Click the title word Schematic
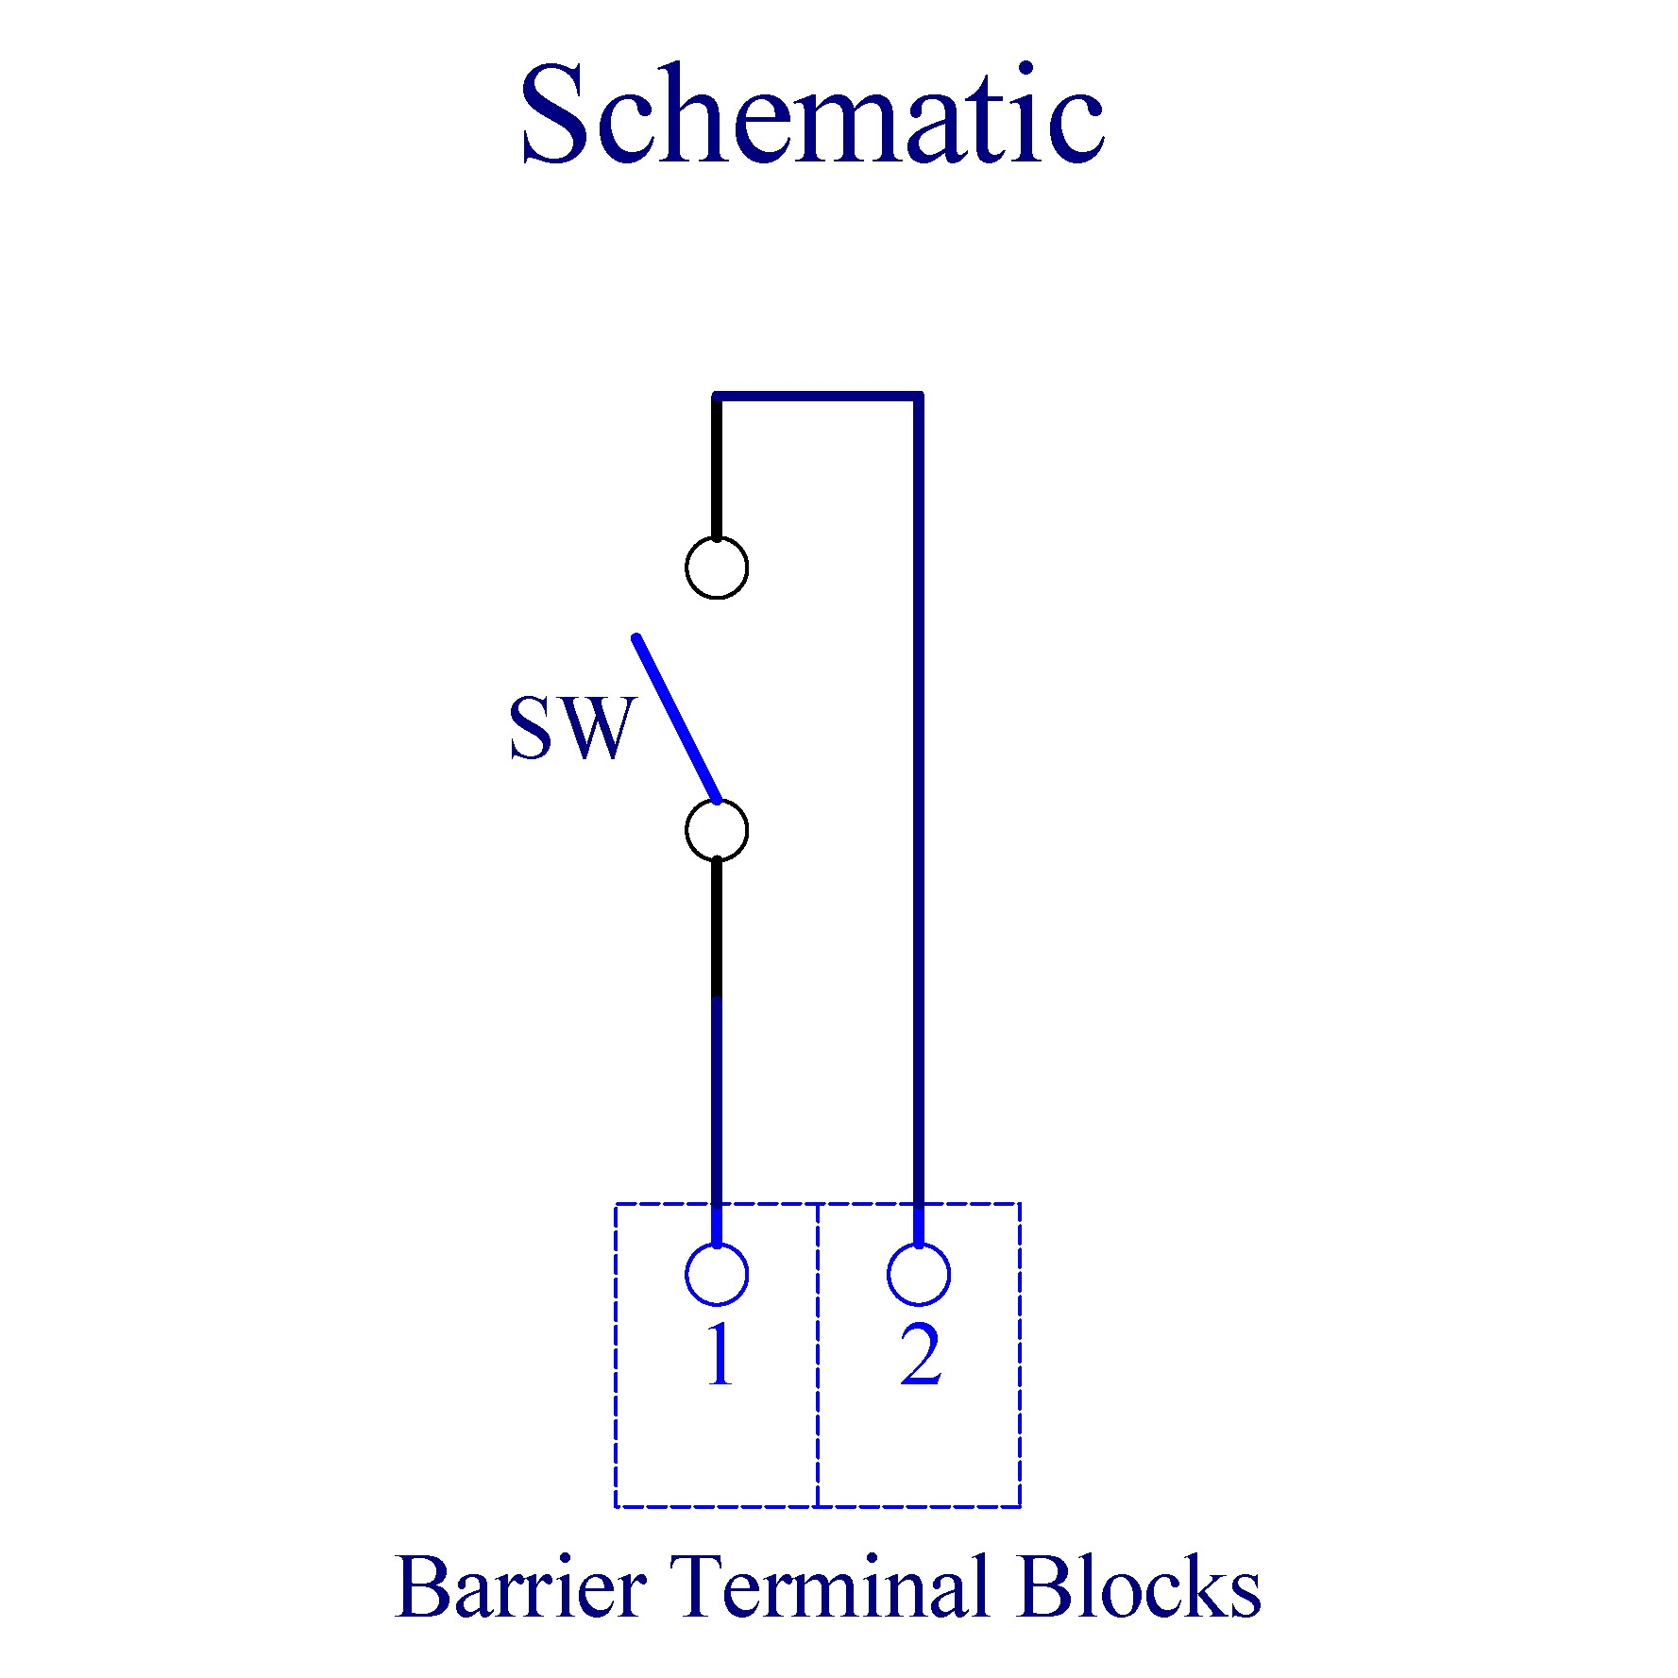click(x=811, y=115)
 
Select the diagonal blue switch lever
click(x=677, y=719)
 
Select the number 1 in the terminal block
click(x=720, y=1355)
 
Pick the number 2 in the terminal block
click(x=921, y=1355)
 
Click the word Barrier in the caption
click(x=520, y=1587)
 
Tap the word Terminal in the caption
click(x=830, y=1587)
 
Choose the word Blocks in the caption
click(x=1140, y=1587)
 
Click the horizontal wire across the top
click(x=818, y=396)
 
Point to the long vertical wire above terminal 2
click(x=919, y=820)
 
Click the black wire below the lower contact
click(x=717, y=927)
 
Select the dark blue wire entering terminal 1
click(x=717, y=1122)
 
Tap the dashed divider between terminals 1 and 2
click(x=818, y=1355)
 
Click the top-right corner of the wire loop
click(x=919, y=396)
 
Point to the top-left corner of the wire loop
click(x=717, y=396)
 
